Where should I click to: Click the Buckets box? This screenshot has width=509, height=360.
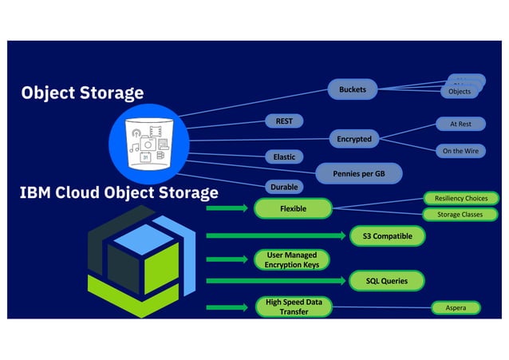(353, 89)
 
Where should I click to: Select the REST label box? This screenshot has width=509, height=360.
(284, 121)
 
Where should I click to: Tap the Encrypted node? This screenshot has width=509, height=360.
(354, 139)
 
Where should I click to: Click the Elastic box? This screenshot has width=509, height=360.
(284, 156)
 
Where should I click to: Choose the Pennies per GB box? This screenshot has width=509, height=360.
(357, 172)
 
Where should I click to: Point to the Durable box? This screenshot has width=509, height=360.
(284, 188)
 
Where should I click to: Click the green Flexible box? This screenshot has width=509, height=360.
(292, 209)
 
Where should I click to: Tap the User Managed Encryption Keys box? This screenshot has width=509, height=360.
(291, 259)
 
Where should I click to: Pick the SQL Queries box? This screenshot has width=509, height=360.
(387, 281)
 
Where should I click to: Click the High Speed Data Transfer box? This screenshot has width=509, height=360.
(293, 307)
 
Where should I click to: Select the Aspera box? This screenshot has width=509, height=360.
(456, 307)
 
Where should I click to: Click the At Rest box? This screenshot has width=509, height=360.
(460, 125)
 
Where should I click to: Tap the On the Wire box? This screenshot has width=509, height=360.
(460, 150)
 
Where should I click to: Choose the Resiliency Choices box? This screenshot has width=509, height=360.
(460, 198)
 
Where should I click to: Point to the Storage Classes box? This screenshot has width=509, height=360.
(460, 215)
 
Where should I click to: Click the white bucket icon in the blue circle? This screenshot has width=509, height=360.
(150, 141)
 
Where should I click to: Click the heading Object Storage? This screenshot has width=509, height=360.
(83, 93)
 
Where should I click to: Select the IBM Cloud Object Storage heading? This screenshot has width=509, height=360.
(120, 192)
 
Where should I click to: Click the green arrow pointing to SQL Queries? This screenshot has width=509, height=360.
(276, 281)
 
